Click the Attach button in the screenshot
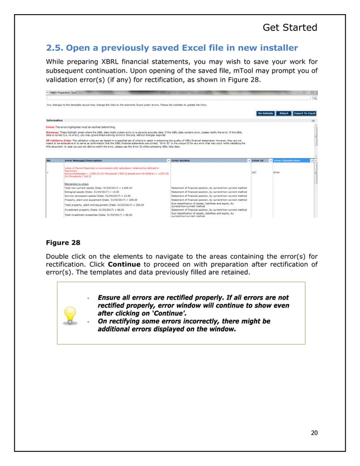coord(284,113)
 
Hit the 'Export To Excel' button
coord(304,113)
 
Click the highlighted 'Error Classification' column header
coord(290,160)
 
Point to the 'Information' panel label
coord(55,120)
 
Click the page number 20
coord(314,433)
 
